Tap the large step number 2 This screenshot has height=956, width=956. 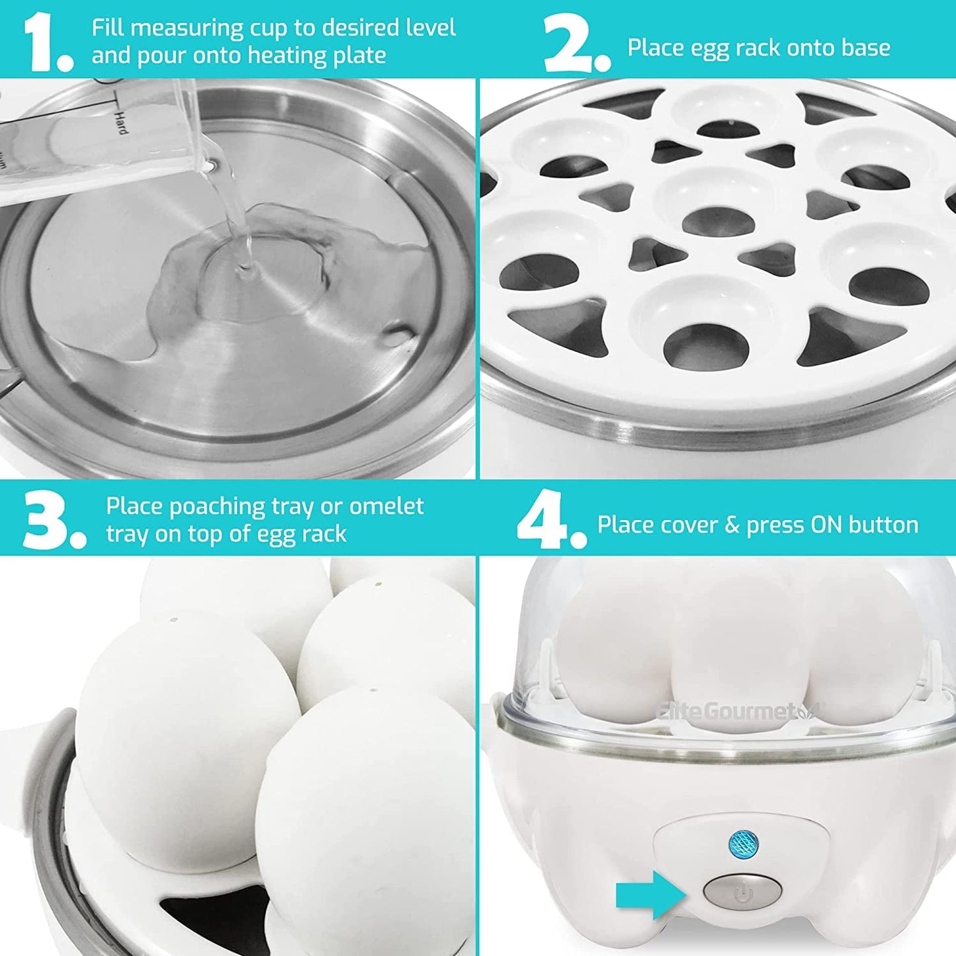[569, 44]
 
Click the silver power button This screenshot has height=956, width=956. [742, 892]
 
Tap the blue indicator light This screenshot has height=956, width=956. [742, 843]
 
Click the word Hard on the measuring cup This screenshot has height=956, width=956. [121, 123]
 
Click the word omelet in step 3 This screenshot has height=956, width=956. [386, 506]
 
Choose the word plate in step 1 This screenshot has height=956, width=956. [359, 56]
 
